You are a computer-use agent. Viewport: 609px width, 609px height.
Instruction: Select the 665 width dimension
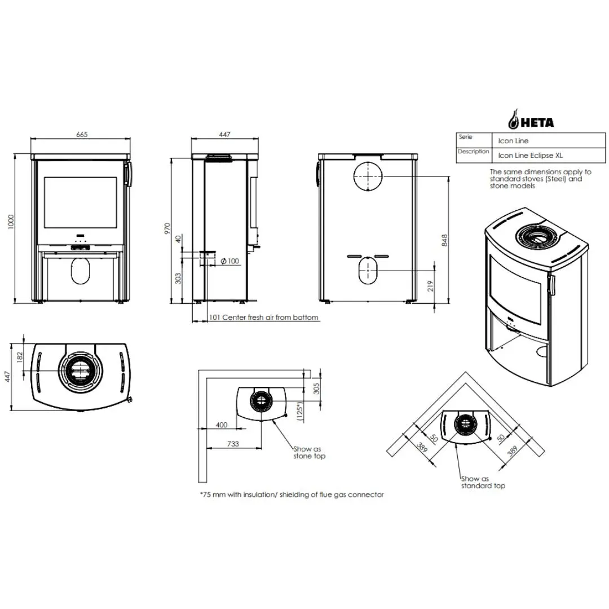[82, 134]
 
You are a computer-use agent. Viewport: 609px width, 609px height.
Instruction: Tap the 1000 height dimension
[11, 222]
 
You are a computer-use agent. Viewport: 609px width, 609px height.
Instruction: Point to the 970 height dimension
[167, 228]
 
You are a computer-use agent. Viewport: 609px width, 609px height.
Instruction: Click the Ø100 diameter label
[230, 261]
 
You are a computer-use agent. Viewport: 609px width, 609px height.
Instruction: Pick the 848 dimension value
[445, 240]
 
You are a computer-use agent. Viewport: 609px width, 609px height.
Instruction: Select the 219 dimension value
[430, 286]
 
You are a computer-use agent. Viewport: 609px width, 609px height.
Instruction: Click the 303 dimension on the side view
[178, 278]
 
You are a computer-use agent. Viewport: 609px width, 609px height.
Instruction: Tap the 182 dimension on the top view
[20, 357]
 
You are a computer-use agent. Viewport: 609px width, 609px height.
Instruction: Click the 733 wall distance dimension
[233, 444]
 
